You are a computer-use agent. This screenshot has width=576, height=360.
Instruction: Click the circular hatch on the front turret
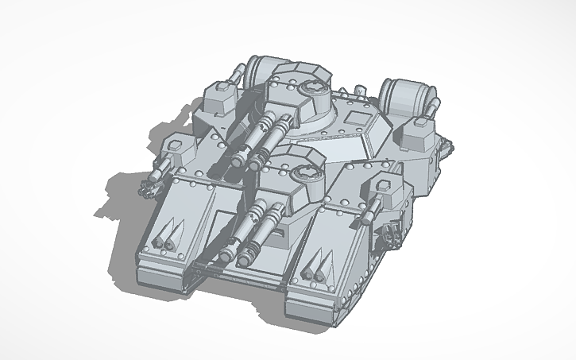[304, 173]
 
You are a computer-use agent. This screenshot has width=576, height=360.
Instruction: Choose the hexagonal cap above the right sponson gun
[381, 188]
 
